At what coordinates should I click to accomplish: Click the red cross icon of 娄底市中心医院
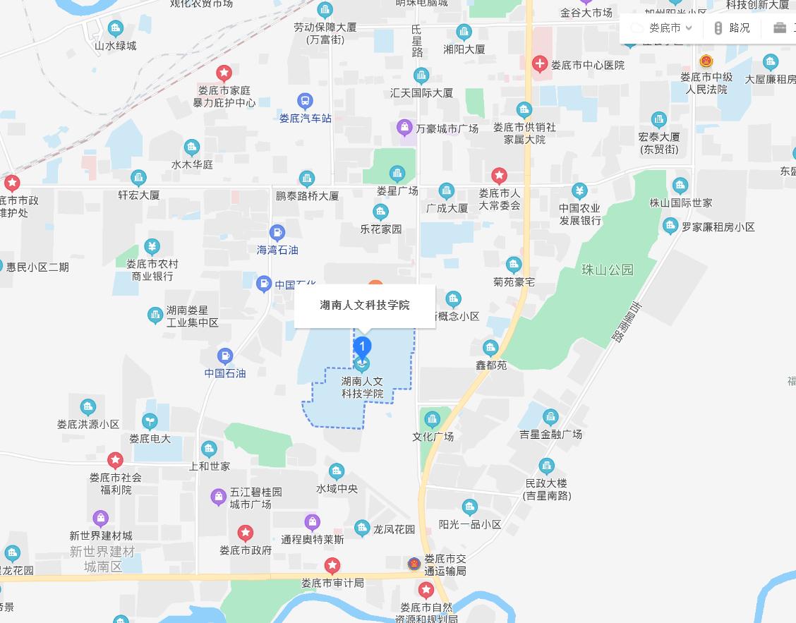pos(540,65)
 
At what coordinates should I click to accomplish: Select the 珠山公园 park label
pos(608,270)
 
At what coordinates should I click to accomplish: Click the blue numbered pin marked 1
pos(362,346)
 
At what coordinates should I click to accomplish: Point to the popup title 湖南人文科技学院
pos(365,306)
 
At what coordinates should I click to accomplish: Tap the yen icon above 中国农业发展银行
pos(579,190)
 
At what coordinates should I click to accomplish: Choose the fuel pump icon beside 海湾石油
pos(278,233)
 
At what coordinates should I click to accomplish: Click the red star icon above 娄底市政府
pos(245,533)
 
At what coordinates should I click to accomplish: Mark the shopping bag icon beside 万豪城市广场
pos(404,128)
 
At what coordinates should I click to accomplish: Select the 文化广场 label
pos(433,437)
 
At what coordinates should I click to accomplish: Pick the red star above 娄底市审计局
pos(332,565)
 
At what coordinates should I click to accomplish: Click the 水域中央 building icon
pos(337,471)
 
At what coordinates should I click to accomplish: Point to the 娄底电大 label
pos(150,439)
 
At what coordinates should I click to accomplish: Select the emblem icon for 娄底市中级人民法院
pos(706,61)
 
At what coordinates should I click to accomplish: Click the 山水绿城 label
pos(116,46)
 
